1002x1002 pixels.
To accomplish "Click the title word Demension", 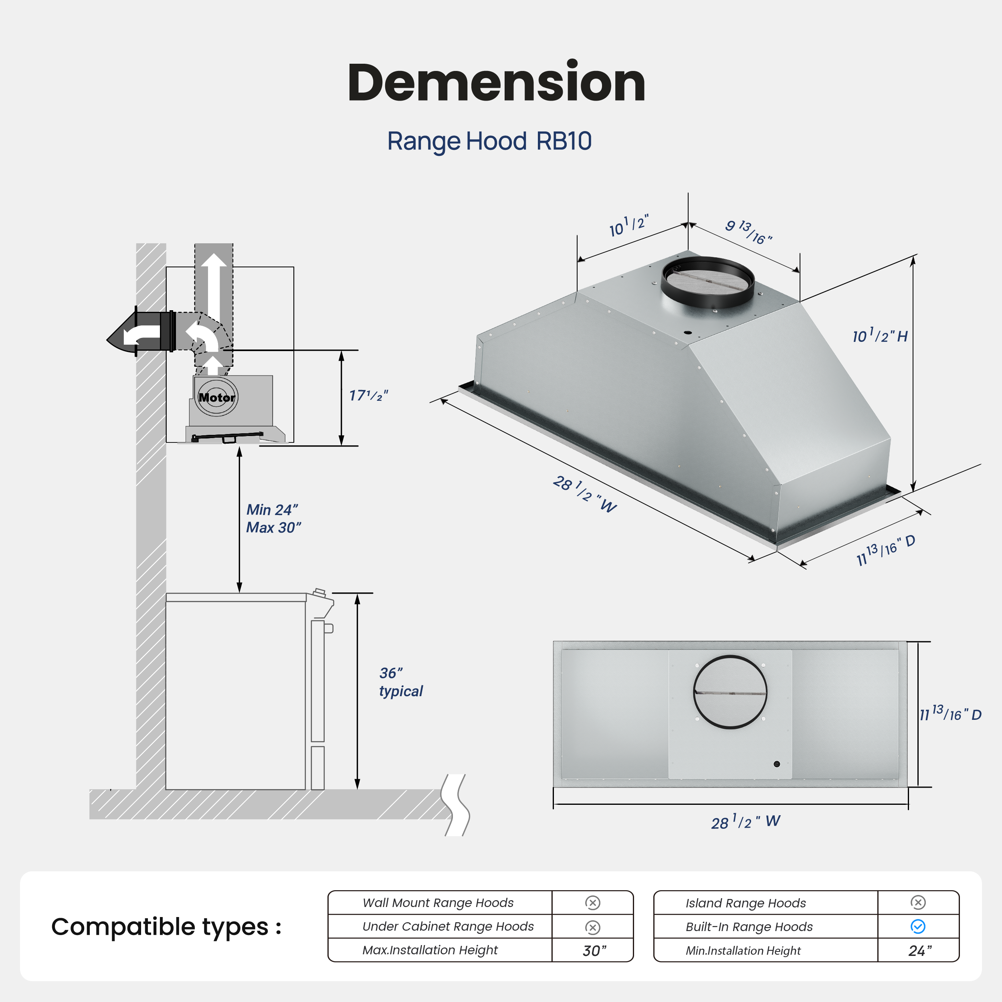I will [496, 83].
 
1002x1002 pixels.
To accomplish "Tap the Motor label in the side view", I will [217, 398].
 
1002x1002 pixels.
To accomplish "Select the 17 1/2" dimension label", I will [368, 396].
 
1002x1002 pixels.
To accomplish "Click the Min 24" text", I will [272, 510].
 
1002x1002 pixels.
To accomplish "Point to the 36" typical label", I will [400, 682].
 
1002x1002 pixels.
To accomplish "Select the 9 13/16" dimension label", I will [748, 232].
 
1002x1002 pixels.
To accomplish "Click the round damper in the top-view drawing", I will [730, 692].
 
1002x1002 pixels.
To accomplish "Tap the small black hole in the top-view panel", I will [776, 764].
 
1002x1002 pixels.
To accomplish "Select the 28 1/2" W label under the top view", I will [745, 822].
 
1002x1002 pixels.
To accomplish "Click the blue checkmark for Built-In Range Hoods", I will [917, 927].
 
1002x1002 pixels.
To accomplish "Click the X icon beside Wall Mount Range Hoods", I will [592, 903].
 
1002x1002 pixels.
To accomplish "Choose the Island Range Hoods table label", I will [745, 903].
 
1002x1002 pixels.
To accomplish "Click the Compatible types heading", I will [166, 927].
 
